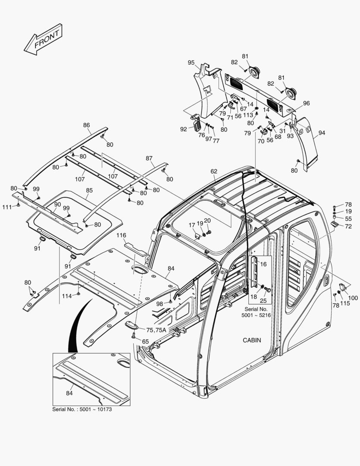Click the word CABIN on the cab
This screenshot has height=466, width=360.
[x=252, y=340]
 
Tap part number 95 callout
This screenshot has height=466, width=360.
[x=191, y=63]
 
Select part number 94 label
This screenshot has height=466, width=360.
[x=322, y=134]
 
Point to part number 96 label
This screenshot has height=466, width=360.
[x=306, y=103]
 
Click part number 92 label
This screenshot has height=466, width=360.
[x=184, y=129]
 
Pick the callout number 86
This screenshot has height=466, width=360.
[x=87, y=125]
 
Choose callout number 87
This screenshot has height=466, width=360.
[x=149, y=158]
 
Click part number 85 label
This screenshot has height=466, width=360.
[x=89, y=190]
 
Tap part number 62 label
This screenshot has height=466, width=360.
[x=214, y=171]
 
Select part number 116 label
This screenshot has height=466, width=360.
[x=122, y=235]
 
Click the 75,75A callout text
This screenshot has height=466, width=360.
[x=156, y=330]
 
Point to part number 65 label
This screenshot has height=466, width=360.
[x=145, y=341]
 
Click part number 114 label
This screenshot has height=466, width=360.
[x=67, y=296]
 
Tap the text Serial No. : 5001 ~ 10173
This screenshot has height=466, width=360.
[x=82, y=409]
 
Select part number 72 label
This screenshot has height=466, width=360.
[x=348, y=227]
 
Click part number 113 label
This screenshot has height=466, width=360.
[x=248, y=115]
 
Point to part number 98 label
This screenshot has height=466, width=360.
[x=160, y=304]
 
